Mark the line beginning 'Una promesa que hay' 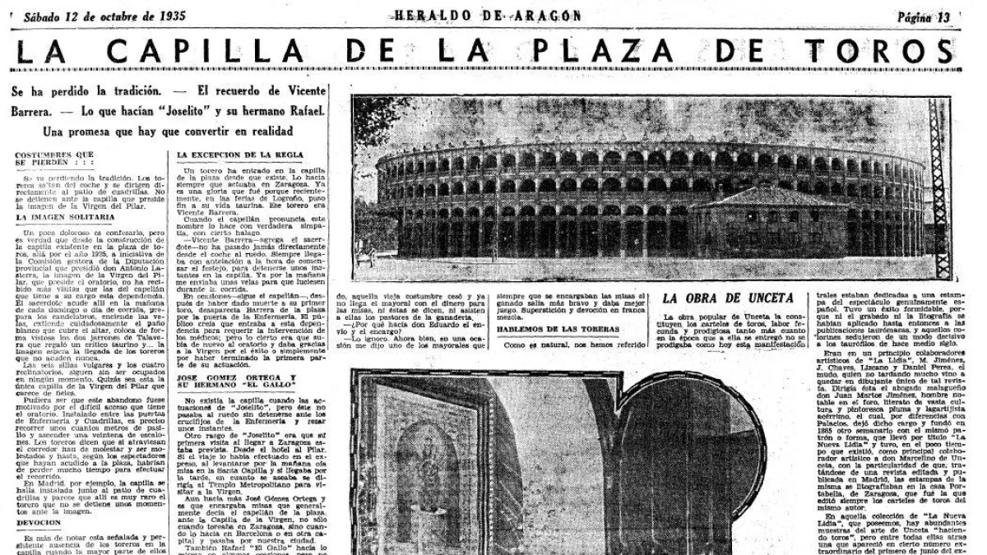169,132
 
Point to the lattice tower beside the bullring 940,189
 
